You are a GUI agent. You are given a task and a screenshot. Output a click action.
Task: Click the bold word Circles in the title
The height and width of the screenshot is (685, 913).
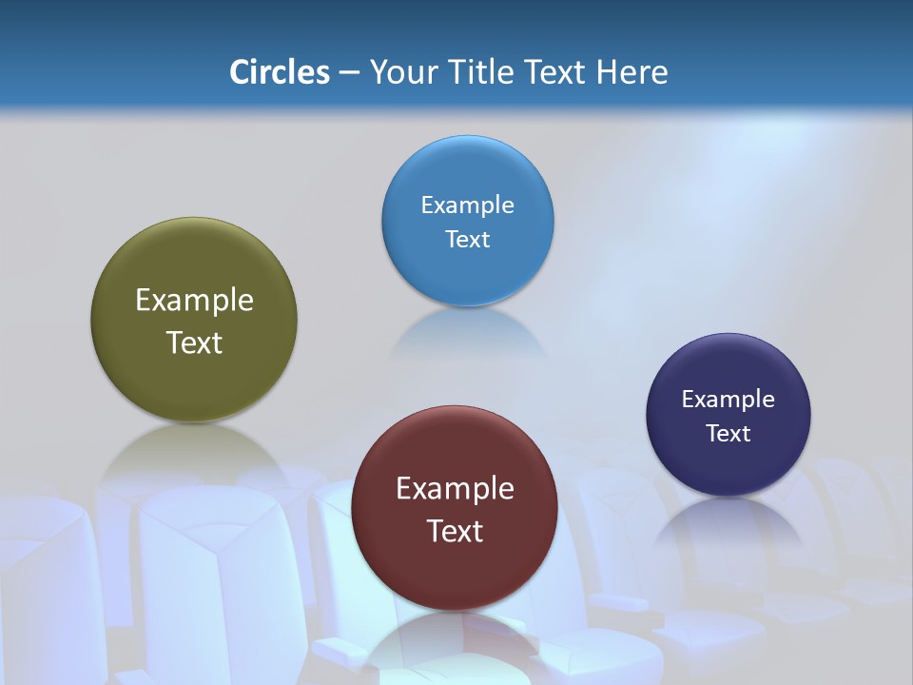tap(280, 72)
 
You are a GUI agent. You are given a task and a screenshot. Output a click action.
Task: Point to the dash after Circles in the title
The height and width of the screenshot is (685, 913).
tap(349, 73)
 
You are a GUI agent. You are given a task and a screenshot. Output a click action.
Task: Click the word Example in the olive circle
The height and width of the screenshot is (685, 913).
tap(194, 301)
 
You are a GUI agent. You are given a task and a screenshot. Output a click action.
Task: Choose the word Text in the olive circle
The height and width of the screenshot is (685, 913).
tap(194, 342)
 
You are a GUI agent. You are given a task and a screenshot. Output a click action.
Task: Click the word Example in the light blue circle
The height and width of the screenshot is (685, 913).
tap(467, 205)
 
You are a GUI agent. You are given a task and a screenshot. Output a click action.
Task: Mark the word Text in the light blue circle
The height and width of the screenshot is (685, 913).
tap(467, 239)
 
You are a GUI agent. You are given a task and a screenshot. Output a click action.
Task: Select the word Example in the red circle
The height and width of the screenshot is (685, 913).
tap(455, 489)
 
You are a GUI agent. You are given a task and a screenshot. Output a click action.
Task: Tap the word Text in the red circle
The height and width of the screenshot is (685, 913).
tap(455, 531)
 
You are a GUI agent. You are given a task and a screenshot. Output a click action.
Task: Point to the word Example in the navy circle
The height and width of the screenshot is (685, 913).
tap(728, 400)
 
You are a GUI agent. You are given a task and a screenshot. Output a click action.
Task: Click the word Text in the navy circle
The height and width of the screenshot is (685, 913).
tap(728, 434)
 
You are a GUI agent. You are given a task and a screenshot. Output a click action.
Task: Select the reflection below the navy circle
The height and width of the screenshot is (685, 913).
tap(728, 519)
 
